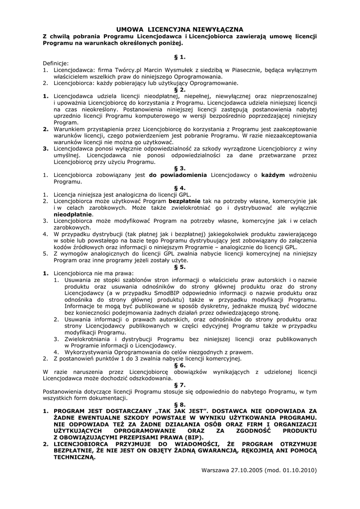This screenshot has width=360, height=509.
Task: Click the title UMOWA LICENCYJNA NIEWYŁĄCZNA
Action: click(180, 29)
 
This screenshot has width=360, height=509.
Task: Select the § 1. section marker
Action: click(180, 57)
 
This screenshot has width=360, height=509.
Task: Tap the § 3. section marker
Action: click(180, 169)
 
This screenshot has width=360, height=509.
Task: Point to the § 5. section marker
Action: click(180, 266)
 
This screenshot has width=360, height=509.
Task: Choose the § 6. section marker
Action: click(180, 364)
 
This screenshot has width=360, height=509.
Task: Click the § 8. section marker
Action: click(180, 405)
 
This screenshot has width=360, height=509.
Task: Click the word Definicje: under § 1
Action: click(56, 63)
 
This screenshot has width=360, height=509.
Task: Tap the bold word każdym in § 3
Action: click(273, 175)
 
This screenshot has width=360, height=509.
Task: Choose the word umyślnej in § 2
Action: click(66, 155)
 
